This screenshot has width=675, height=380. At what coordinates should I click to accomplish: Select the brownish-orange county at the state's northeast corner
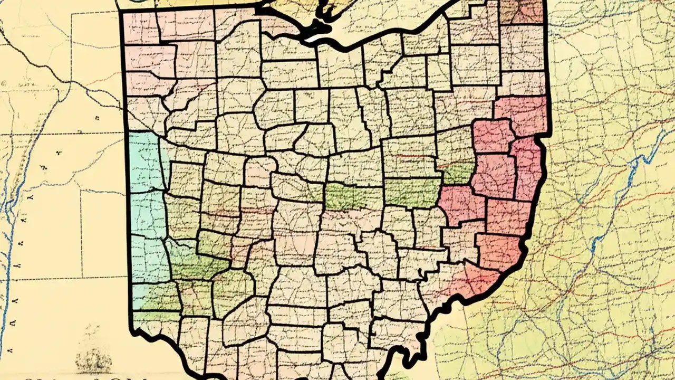coord(522,12)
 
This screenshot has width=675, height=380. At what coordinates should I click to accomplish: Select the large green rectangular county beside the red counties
coord(412,192)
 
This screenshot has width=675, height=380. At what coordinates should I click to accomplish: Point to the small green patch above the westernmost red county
coord(458,173)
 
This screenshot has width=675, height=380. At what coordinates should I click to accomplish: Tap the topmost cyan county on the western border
coord(144,161)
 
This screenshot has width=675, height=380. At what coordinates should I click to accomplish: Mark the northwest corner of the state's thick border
coord(122,12)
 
